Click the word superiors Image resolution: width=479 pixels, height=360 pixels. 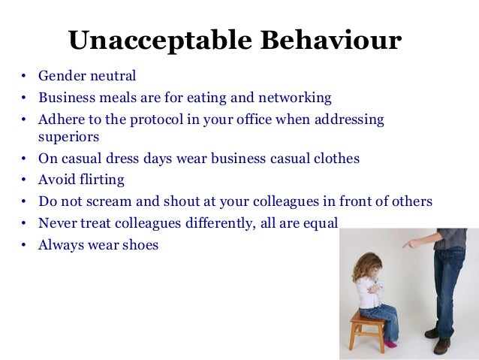68,138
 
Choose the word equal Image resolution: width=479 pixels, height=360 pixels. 323,223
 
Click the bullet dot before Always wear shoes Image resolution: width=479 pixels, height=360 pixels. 24,245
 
